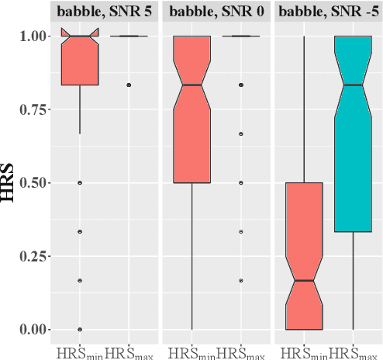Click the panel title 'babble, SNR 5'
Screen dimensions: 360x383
pyautogui.click(x=103, y=12)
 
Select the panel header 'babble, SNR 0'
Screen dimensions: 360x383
pyautogui.click(x=215, y=12)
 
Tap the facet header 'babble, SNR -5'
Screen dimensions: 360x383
pyautogui.click(x=328, y=12)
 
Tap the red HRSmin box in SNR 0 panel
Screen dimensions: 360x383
pyautogui.click(x=192, y=109)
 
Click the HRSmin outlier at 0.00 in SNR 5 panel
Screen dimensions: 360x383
pyautogui.click(x=80, y=329)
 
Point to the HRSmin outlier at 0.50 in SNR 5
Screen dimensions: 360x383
pyautogui.click(x=80, y=183)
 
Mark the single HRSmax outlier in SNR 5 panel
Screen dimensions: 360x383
pyautogui.click(x=129, y=85)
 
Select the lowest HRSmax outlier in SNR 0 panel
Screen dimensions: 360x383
pyautogui.click(x=241, y=280)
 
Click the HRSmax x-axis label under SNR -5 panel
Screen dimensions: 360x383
pyautogui.click(x=355, y=353)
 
